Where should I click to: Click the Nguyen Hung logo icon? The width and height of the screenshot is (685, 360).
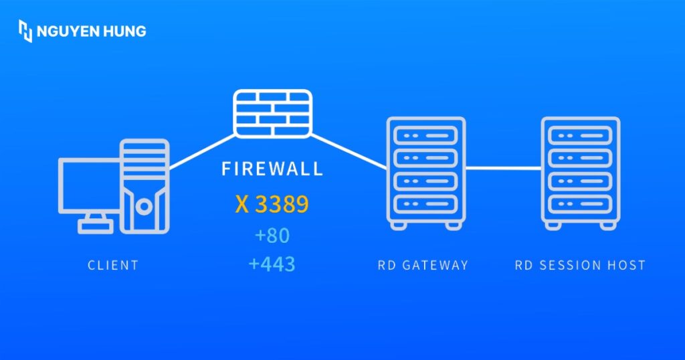pyautogui.click(x=25, y=31)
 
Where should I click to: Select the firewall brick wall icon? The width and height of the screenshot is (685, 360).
pyautogui.click(x=272, y=114)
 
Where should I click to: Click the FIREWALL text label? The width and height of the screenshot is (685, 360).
pyautogui.click(x=272, y=168)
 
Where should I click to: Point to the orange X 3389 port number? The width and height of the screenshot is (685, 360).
pyautogui.click(x=272, y=205)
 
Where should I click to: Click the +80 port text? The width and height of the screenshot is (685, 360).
pyautogui.click(x=272, y=236)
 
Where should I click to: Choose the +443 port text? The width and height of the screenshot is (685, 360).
pyautogui.click(x=272, y=264)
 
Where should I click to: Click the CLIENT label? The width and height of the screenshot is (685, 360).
pyautogui.click(x=113, y=266)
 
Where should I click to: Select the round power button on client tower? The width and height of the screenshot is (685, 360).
pyautogui.click(x=144, y=207)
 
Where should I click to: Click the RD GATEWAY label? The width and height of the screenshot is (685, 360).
pyautogui.click(x=422, y=266)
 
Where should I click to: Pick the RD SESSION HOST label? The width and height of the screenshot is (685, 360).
pyautogui.click(x=580, y=266)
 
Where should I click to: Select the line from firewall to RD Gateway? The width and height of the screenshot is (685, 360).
pyautogui.click(x=348, y=151)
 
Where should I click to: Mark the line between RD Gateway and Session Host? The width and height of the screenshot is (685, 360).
pyautogui.click(x=503, y=168)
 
